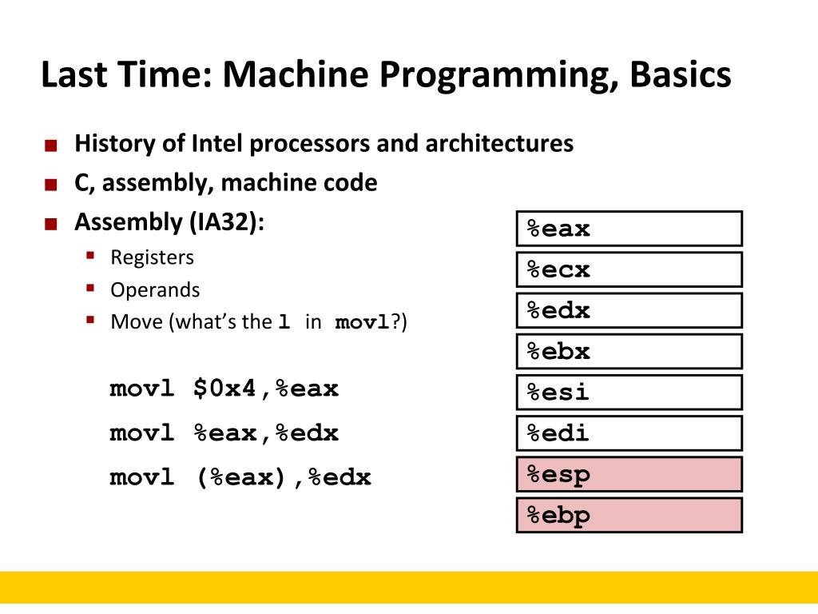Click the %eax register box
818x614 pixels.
(x=629, y=229)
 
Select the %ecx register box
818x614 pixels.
(x=629, y=269)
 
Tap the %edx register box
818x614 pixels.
(x=629, y=310)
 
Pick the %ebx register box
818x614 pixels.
(x=629, y=351)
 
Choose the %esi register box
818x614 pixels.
(x=629, y=393)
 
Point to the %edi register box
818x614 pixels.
(x=629, y=433)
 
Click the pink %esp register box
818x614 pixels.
(x=629, y=474)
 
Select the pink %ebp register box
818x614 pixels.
(x=629, y=515)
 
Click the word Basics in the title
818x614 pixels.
(x=680, y=75)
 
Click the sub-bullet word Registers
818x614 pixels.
(x=152, y=257)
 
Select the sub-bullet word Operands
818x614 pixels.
(x=155, y=289)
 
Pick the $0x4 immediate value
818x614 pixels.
(x=225, y=389)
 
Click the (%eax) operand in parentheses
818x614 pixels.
(x=243, y=478)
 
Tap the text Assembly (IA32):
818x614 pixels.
(x=169, y=221)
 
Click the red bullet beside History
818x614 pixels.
(x=51, y=146)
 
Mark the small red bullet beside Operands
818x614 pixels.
(x=91, y=288)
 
